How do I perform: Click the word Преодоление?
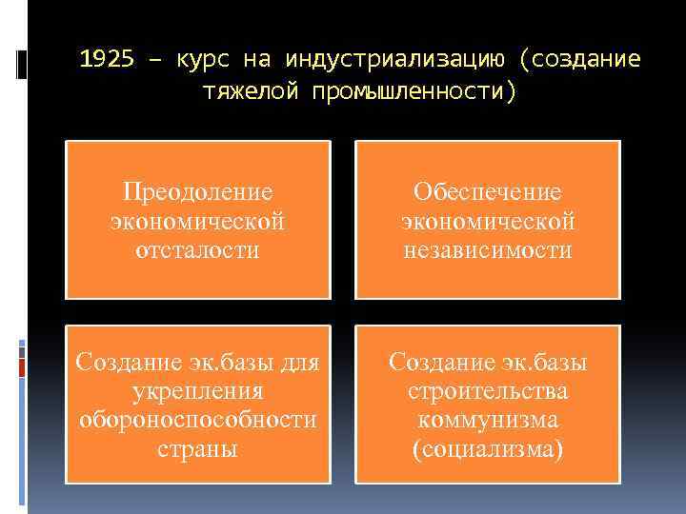[197, 191]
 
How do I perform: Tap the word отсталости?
[197, 250]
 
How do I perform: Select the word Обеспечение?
[487, 191]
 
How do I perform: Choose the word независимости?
[487, 250]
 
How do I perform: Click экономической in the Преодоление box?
[197, 221]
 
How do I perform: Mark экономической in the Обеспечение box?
[487, 221]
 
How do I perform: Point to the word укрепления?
[197, 391]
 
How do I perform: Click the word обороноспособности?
[197, 420]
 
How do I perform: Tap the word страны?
[197, 449]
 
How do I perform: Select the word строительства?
[487, 391]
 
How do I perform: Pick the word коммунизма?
[487, 420]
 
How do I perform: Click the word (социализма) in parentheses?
[487, 449]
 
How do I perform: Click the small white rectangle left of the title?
[21, 63]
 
